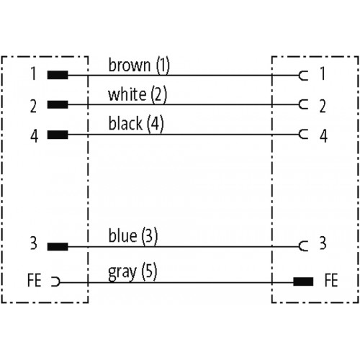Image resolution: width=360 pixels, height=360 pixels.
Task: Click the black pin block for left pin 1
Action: pyautogui.click(x=58, y=75)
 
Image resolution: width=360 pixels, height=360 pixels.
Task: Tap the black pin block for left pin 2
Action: pyautogui.click(x=58, y=104)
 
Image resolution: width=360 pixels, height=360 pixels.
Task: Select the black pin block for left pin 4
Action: pyautogui.click(x=58, y=135)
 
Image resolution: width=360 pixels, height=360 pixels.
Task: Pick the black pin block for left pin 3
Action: pyautogui.click(x=58, y=246)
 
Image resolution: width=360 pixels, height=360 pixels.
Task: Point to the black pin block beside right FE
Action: pyautogui.click(x=303, y=282)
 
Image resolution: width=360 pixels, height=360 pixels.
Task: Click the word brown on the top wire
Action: pyautogui.click(x=130, y=65)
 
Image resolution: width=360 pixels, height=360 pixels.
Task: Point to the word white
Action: pyautogui.click(x=127, y=94)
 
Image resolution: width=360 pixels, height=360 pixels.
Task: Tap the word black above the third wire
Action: pyautogui.click(x=125, y=123)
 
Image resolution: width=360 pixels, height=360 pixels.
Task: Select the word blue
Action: pyautogui.click(x=123, y=235)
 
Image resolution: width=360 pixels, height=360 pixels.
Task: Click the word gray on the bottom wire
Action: pyautogui.click(x=122, y=273)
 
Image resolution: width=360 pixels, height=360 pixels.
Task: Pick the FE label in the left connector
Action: pyautogui.click(x=34, y=280)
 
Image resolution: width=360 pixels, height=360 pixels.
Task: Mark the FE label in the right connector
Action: pyautogui.click(x=331, y=280)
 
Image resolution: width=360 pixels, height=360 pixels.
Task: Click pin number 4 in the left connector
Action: pyautogui.click(x=34, y=136)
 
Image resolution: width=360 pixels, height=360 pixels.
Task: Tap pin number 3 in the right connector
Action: pyautogui.click(x=323, y=243)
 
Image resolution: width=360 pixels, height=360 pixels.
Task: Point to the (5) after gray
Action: pyautogui.click(x=149, y=271)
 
